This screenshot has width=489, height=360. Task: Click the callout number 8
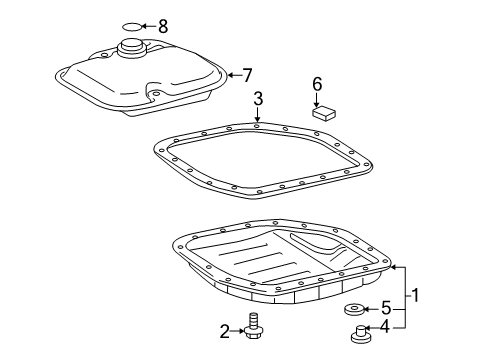coord(163,24)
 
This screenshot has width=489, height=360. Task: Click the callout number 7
coord(249,73)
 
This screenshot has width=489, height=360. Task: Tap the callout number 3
coord(257,98)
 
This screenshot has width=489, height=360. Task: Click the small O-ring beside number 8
coord(133,25)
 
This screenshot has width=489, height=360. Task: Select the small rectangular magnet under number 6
coord(322,113)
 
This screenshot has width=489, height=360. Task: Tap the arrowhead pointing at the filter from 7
coord(229,73)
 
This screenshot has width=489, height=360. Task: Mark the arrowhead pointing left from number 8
coord(146,24)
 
